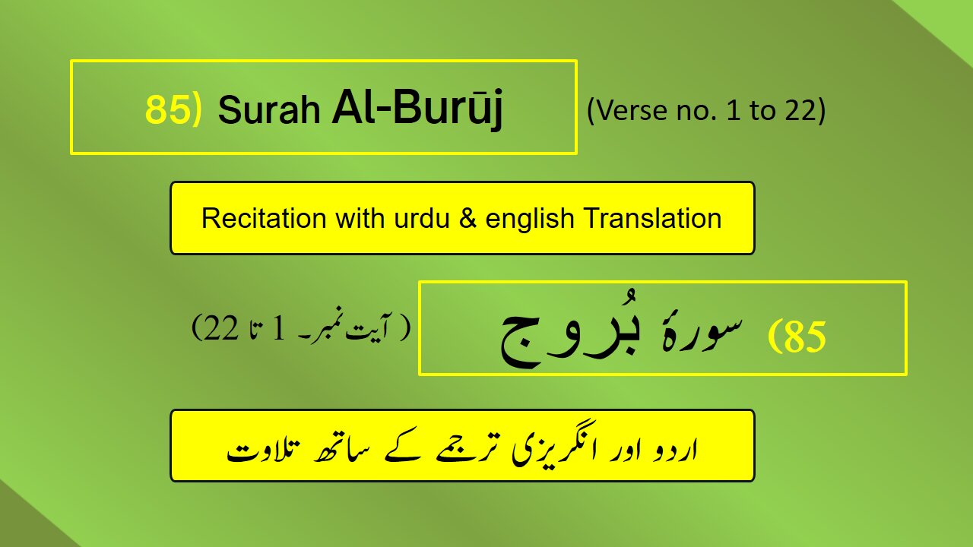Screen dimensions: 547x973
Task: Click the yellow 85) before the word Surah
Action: point(173,111)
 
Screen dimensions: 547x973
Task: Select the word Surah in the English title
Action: point(268,112)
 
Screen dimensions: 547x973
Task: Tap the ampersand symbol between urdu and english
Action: point(453,219)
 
